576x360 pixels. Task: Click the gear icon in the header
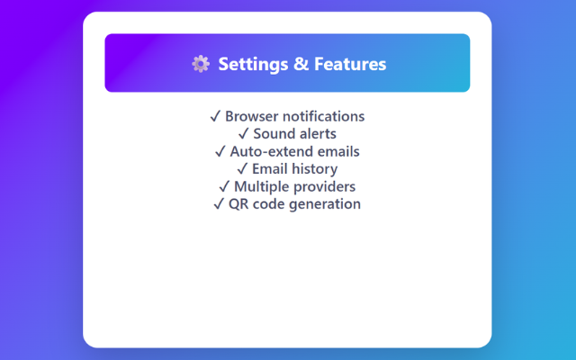201,64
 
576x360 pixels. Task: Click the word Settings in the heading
253,64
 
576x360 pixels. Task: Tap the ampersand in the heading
301,64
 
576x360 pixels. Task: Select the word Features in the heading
350,64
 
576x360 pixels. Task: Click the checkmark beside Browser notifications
215,116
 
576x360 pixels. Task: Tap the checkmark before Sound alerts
244,134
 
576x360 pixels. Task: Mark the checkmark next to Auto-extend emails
220,151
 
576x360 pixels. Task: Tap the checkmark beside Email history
242,169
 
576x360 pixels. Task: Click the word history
317,169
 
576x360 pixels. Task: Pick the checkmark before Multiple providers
224,186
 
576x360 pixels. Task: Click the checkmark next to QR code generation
219,204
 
